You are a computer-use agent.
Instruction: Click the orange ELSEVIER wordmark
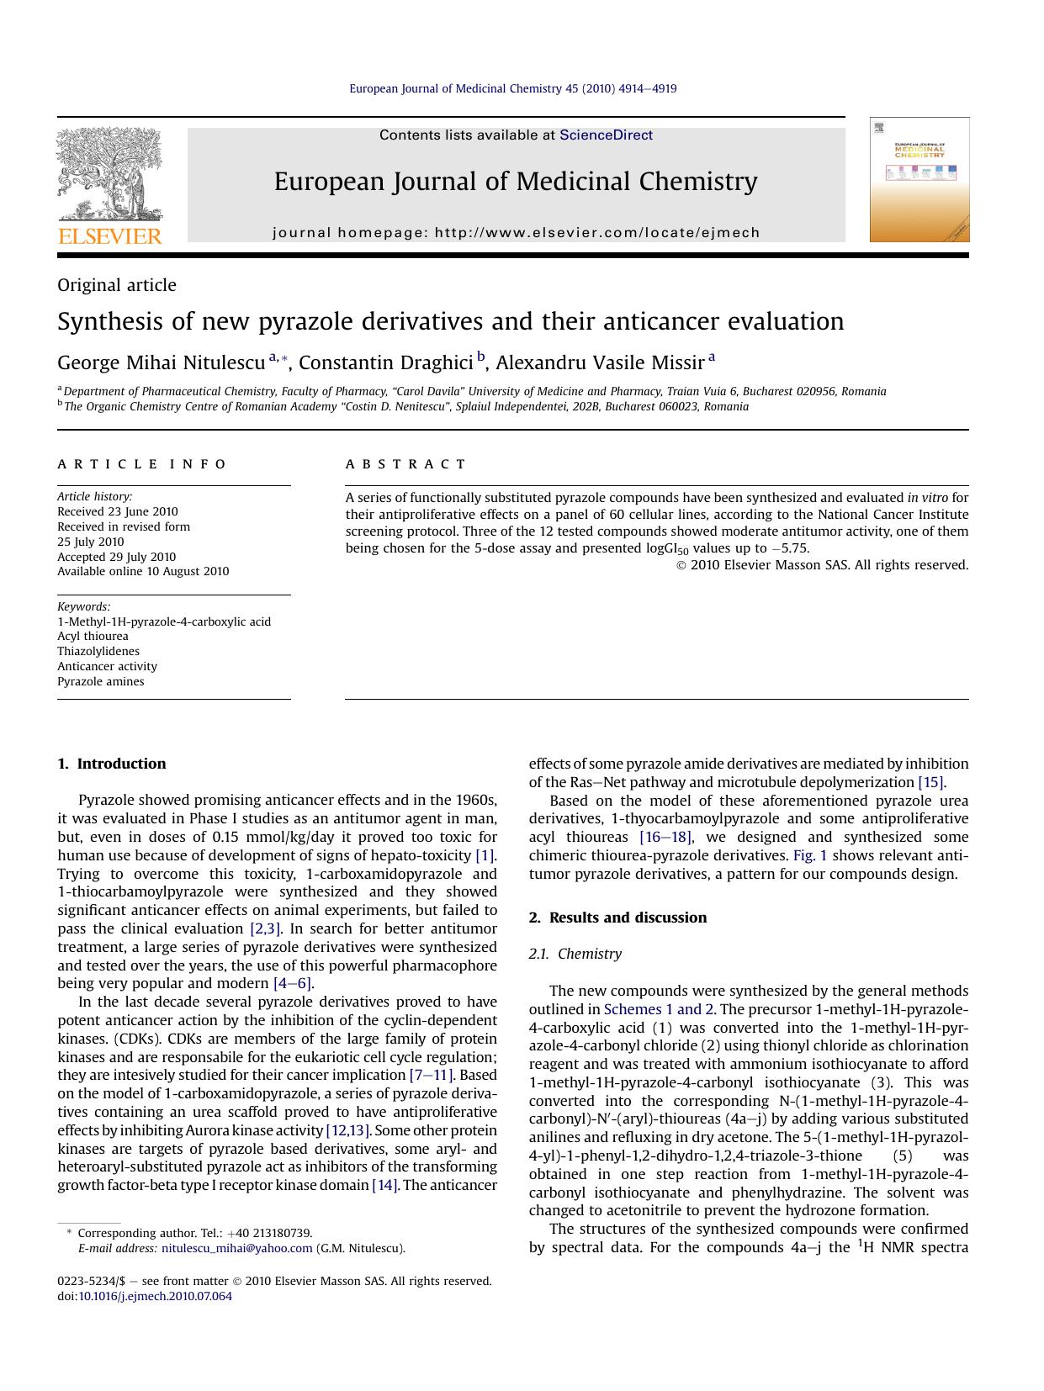(109, 236)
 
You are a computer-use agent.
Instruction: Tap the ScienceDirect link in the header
(606, 135)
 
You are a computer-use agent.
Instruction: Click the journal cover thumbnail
(919, 179)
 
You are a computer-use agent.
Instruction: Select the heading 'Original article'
(117, 285)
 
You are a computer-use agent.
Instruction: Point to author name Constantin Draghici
(385, 363)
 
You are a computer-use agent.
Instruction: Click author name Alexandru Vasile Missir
(600, 363)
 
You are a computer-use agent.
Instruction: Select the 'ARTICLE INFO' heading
(142, 464)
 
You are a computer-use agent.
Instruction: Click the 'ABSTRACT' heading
(405, 464)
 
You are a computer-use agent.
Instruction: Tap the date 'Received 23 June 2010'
(118, 511)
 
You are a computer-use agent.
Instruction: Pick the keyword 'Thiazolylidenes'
(98, 651)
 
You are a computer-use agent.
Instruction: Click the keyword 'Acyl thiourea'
(93, 636)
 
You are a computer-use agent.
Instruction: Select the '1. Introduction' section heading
(112, 764)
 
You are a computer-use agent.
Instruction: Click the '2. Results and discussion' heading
(617, 918)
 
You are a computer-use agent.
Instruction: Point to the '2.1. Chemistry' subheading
(575, 954)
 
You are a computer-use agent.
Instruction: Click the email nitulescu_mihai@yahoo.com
(236, 1249)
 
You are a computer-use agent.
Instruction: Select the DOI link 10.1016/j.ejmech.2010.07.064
(155, 1296)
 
